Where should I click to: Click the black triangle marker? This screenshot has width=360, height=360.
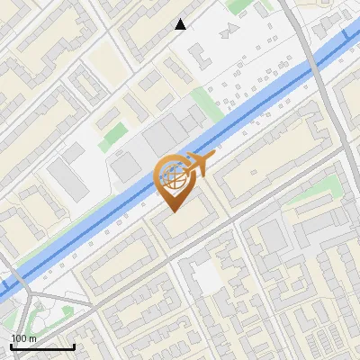181,24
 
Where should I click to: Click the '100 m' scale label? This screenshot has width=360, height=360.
23,338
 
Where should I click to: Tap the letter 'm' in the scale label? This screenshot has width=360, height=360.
33,338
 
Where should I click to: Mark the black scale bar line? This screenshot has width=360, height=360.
42,346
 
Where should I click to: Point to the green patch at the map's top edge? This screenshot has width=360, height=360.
238,5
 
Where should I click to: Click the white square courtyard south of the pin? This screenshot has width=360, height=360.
208,277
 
